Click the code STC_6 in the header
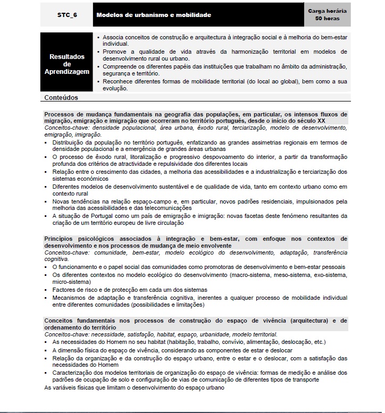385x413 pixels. click(67, 15)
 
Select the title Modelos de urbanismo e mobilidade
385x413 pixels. click(154, 15)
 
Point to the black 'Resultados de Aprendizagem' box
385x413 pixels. click(67, 64)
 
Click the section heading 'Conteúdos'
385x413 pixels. click(61, 98)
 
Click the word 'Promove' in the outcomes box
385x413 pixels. click(115, 52)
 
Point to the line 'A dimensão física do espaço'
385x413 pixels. click(172, 351)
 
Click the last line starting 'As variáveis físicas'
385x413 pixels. click(134, 387)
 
